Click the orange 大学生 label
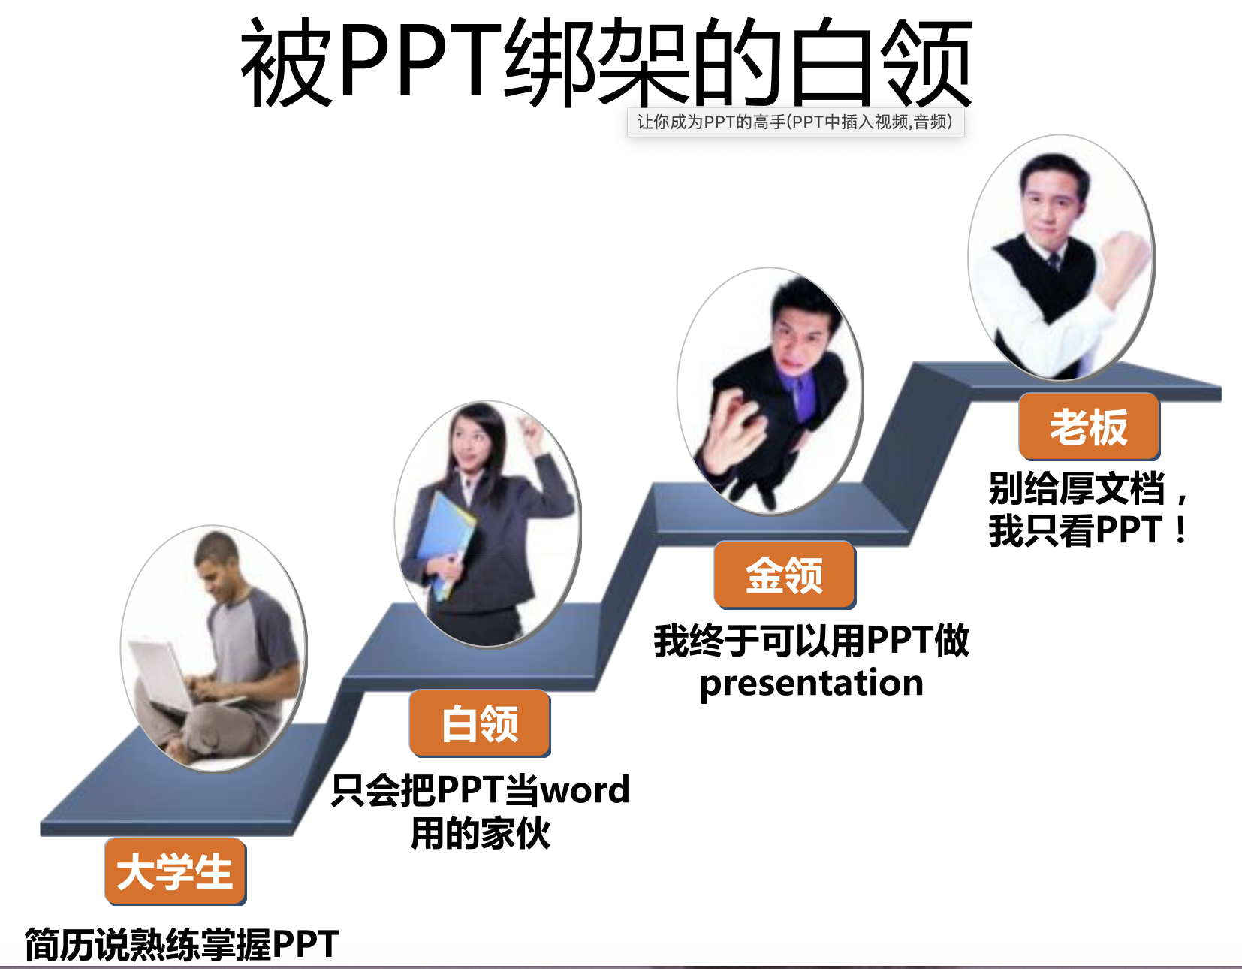175,872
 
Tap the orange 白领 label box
480,723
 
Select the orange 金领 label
784,575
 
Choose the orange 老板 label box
1089,427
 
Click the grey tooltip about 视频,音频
796,122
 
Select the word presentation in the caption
812,684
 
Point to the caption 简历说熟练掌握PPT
182,944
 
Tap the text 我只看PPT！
1089,530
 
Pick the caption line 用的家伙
480,834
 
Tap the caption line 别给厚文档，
1089,488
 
